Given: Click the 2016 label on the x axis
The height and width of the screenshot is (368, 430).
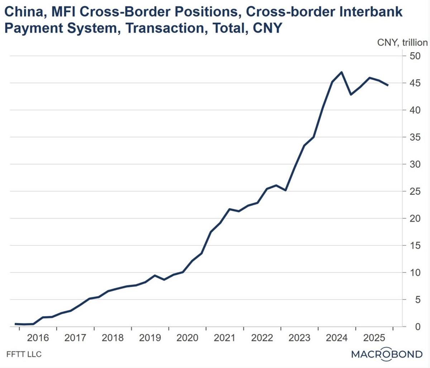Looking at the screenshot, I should tap(38, 338).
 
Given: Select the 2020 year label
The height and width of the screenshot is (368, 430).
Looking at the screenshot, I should tap(187, 338).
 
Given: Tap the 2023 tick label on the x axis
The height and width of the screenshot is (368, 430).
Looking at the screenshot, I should tap(300, 338).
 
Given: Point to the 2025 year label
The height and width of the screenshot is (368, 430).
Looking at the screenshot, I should tap(374, 338).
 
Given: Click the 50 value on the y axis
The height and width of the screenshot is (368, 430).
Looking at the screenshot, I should tap(415, 56).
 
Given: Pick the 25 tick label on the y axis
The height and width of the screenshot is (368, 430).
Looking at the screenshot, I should tap(415, 191).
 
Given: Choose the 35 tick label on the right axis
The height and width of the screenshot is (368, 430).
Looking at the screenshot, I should tap(415, 137).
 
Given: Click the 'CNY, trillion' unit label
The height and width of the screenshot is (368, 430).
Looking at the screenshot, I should tap(402, 43).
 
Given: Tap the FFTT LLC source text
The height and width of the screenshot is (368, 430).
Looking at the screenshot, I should tap(24, 354).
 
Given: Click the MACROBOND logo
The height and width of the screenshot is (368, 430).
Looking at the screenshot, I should tap(387, 354).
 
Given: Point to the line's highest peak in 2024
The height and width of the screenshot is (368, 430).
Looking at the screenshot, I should tap(341, 72).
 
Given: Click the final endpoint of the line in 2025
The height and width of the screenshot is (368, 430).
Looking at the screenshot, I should tap(388, 85).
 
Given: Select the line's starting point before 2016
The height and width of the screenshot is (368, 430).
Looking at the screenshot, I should tap(15, 324).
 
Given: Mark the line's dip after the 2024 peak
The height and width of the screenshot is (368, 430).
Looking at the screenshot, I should tap(351, 95).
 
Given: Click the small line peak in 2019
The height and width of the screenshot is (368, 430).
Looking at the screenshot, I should tap(155, 275).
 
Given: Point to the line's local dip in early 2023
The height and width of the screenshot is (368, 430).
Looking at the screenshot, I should tap(285, 190).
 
